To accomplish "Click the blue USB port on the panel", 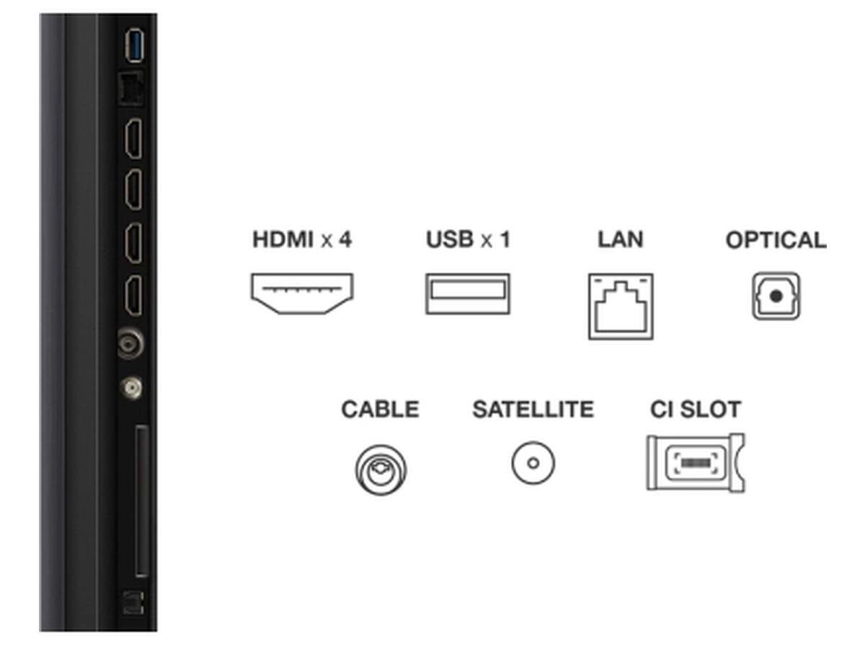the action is click(134, 45).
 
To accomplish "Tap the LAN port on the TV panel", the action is click(131, 88).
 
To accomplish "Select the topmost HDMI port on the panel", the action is click(133, 138).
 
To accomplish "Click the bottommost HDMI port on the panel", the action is click(133, 296).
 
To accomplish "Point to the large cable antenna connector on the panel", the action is click(131, 344).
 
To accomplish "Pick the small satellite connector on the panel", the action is click(132, 388).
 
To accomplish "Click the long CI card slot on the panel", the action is click(142, 501).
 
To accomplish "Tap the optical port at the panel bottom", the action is click(133, 602).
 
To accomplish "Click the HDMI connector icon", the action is click(302, 293).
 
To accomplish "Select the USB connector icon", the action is click(468, 293).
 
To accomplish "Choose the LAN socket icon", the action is click(621, 306).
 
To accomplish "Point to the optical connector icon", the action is click(776, 296).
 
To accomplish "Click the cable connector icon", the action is click(381, 469).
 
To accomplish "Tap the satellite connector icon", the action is click(533, 463).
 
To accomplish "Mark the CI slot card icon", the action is click(696, 463).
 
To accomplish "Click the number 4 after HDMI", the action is click(345, 239).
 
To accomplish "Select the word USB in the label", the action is click(450, 239).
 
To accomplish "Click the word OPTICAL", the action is click(776, 240).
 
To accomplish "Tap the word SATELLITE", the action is click(533, 409).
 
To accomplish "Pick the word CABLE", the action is click(381, 409).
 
